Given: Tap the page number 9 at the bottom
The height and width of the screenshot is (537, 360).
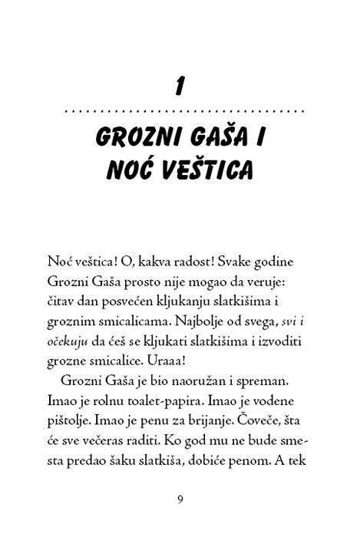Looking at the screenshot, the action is tap(180, 499).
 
